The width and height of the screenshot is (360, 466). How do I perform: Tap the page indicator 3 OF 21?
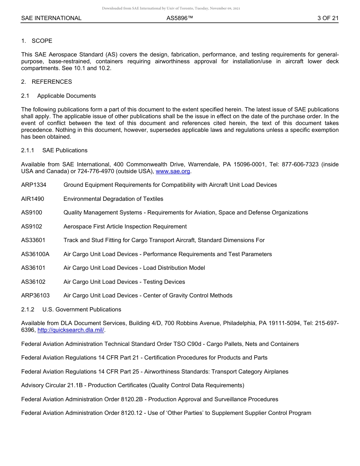[x=328, y=18]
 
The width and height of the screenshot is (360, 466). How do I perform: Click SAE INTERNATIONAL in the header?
[x=51, y=18]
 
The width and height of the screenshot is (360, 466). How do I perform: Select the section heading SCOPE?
[x=42, y=41]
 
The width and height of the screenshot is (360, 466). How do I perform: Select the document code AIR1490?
[x=33, y=199]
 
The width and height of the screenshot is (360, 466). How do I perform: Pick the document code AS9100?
[x=31, y=213]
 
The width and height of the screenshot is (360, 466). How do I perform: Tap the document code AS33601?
[x=33, y=240]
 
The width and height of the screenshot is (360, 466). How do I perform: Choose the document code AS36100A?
[x=35, y=254]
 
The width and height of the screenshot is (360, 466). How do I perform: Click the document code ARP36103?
[x=35, y=296]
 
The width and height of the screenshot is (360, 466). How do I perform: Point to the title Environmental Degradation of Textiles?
[x=113, y=199]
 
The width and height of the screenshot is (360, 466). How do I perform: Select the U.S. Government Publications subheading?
[x=81, y=310]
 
